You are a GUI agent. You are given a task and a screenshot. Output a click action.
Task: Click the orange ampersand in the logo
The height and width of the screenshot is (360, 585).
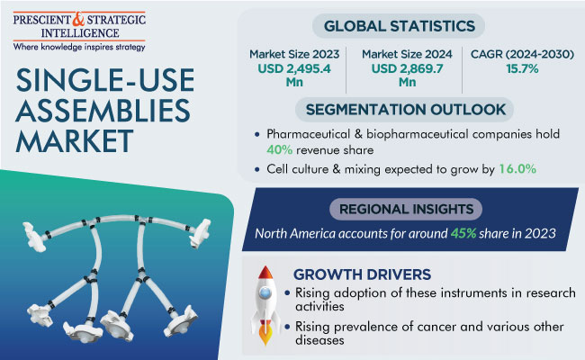coord(79,20)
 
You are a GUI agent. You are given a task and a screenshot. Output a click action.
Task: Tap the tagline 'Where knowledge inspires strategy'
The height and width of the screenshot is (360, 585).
coord(79,47)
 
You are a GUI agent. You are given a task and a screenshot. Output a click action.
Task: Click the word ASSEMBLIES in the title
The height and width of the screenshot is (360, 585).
coord(103,111)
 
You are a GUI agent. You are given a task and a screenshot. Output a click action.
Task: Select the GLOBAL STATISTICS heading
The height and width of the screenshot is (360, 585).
coord(399,26)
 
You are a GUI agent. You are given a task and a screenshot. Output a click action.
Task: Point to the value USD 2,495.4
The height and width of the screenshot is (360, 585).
coord(294,68)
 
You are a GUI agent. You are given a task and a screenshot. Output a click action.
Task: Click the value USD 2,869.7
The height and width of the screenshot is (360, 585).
coord(407,68)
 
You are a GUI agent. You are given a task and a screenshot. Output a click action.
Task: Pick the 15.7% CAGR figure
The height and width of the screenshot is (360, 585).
coord(522,68)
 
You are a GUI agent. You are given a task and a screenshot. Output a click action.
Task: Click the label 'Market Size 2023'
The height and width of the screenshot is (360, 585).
coord(294,54)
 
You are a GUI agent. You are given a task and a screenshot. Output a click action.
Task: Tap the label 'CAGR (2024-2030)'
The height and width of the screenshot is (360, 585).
coord(522,54)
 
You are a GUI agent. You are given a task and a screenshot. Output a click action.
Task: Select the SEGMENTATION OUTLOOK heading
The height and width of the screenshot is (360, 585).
coord(406,110)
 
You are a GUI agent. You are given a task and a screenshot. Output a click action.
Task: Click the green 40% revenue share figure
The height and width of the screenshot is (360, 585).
coord(279,150)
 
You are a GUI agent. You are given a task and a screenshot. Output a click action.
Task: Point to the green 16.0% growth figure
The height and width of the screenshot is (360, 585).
coord(517,169)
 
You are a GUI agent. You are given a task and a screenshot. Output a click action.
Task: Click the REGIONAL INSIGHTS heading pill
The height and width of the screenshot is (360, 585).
coord(406,209)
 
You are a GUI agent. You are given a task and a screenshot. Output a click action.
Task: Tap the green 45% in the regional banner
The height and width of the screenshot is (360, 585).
coord(463,233)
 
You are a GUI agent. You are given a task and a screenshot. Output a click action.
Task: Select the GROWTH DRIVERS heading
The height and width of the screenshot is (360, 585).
coord(362,274)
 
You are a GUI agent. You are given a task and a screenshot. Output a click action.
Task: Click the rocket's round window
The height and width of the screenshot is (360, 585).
coord(265,293)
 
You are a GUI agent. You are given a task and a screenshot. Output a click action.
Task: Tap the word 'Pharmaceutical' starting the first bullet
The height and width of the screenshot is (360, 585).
coord(308,134)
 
